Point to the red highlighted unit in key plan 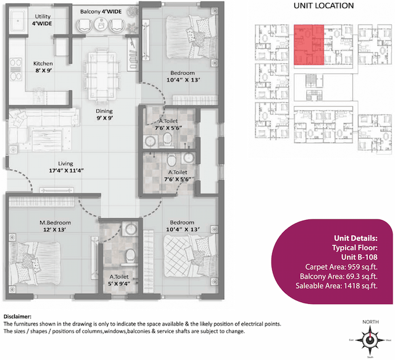(309, 44)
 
